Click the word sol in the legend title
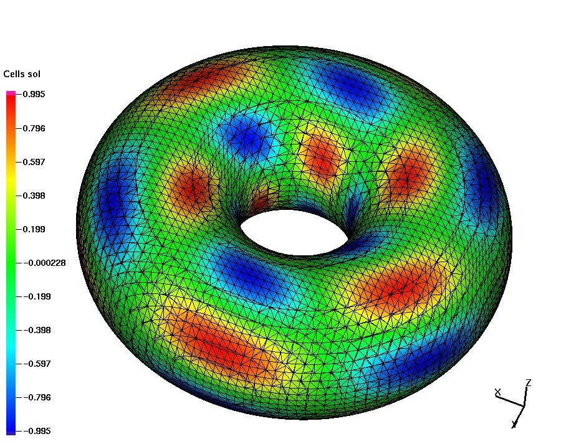[x=34, y=74]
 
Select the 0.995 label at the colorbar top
[x=34, y=95]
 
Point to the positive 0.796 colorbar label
[x=34, y=128]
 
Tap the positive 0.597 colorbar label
[x=34, y=162]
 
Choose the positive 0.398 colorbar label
[x=34, y=196]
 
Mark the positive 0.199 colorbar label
[x=34, y=229]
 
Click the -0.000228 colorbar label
[x=45, y=263]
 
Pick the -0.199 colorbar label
[x=37, y=296]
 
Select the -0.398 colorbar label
[x=37, y=330]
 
